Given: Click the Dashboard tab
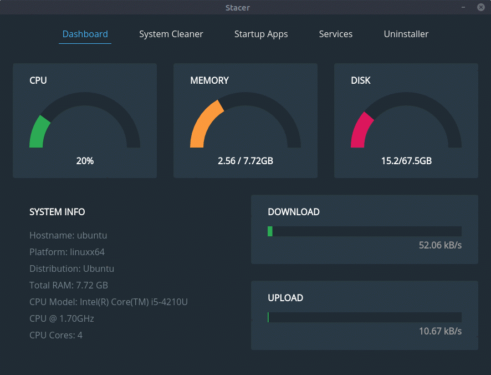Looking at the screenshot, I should [x=85, y=34].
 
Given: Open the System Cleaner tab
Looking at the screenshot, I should [x=171, y=34].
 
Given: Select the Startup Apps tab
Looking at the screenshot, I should [x=261, y=34].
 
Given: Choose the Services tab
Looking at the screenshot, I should [x=335, y=34].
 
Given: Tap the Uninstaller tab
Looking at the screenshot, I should [x=406, y=34].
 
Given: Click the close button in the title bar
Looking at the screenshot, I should [x=480, y=7].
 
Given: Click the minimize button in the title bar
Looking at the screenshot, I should [x=462, y=7].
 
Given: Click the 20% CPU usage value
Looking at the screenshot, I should [x=85, y=161].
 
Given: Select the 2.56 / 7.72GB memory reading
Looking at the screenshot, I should [x=245, y=161].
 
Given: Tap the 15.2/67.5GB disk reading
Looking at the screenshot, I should [x=406, y=161].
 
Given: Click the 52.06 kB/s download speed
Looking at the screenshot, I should [x=440, y=245].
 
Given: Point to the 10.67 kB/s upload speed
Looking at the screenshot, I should [x=440, y=331].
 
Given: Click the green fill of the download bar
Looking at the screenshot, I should [x=270, y=231].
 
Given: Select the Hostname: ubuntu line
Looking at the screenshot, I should [x=68, y=235].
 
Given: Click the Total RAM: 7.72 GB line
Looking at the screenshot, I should [x=69, y=285].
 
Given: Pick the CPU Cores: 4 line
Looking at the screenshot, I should [x=56, y=335].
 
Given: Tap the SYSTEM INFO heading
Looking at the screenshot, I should [x=57, y=212].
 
